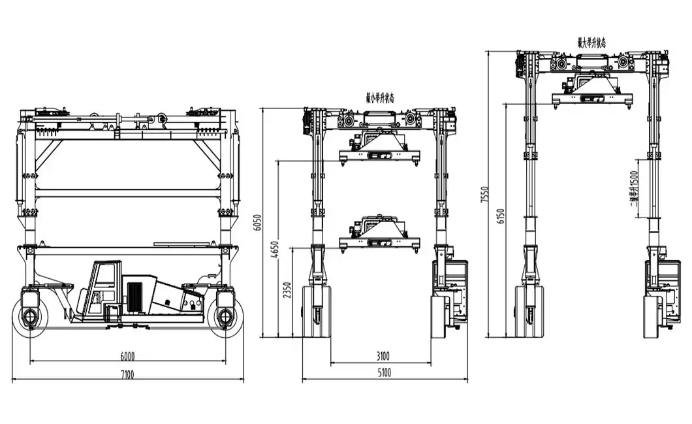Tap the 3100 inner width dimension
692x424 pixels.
[382, 356]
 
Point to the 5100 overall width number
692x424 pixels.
[385, 374]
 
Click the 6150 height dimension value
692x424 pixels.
[501, 220]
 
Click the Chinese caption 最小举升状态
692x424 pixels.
[379, 98]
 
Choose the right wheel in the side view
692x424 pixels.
[225, 318]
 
